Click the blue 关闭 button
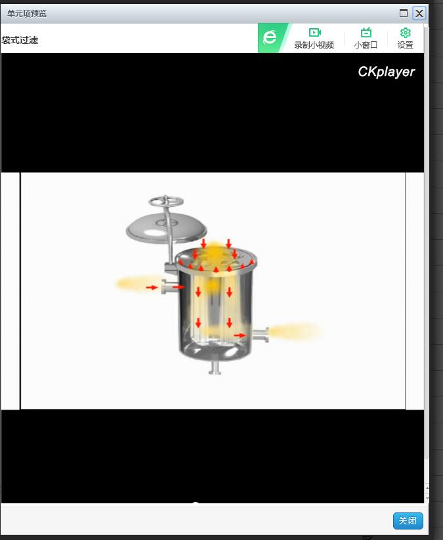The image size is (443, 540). tap(408, 520)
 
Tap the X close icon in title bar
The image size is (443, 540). tap(419, 13)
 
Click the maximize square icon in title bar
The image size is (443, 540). tap(404, 13)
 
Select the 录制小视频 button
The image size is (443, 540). tap(314, 38)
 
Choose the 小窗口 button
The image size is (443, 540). tap(366, 38)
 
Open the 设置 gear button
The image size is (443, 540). tap(406, 38)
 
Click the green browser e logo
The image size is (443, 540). tap(270, 37)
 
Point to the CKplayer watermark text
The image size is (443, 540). tap(387, 71)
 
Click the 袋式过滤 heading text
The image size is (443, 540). tap(20, 40)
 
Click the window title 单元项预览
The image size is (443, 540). tap(26, 13)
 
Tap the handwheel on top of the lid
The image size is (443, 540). tap(166, 201)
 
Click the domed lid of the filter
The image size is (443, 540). tap(166, 228)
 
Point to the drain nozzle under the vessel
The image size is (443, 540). tap(215, 367)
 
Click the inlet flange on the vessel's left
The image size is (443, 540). tap(167, 287)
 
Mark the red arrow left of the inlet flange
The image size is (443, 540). tap(152, 287)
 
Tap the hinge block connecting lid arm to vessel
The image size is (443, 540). tap(171, 267)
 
